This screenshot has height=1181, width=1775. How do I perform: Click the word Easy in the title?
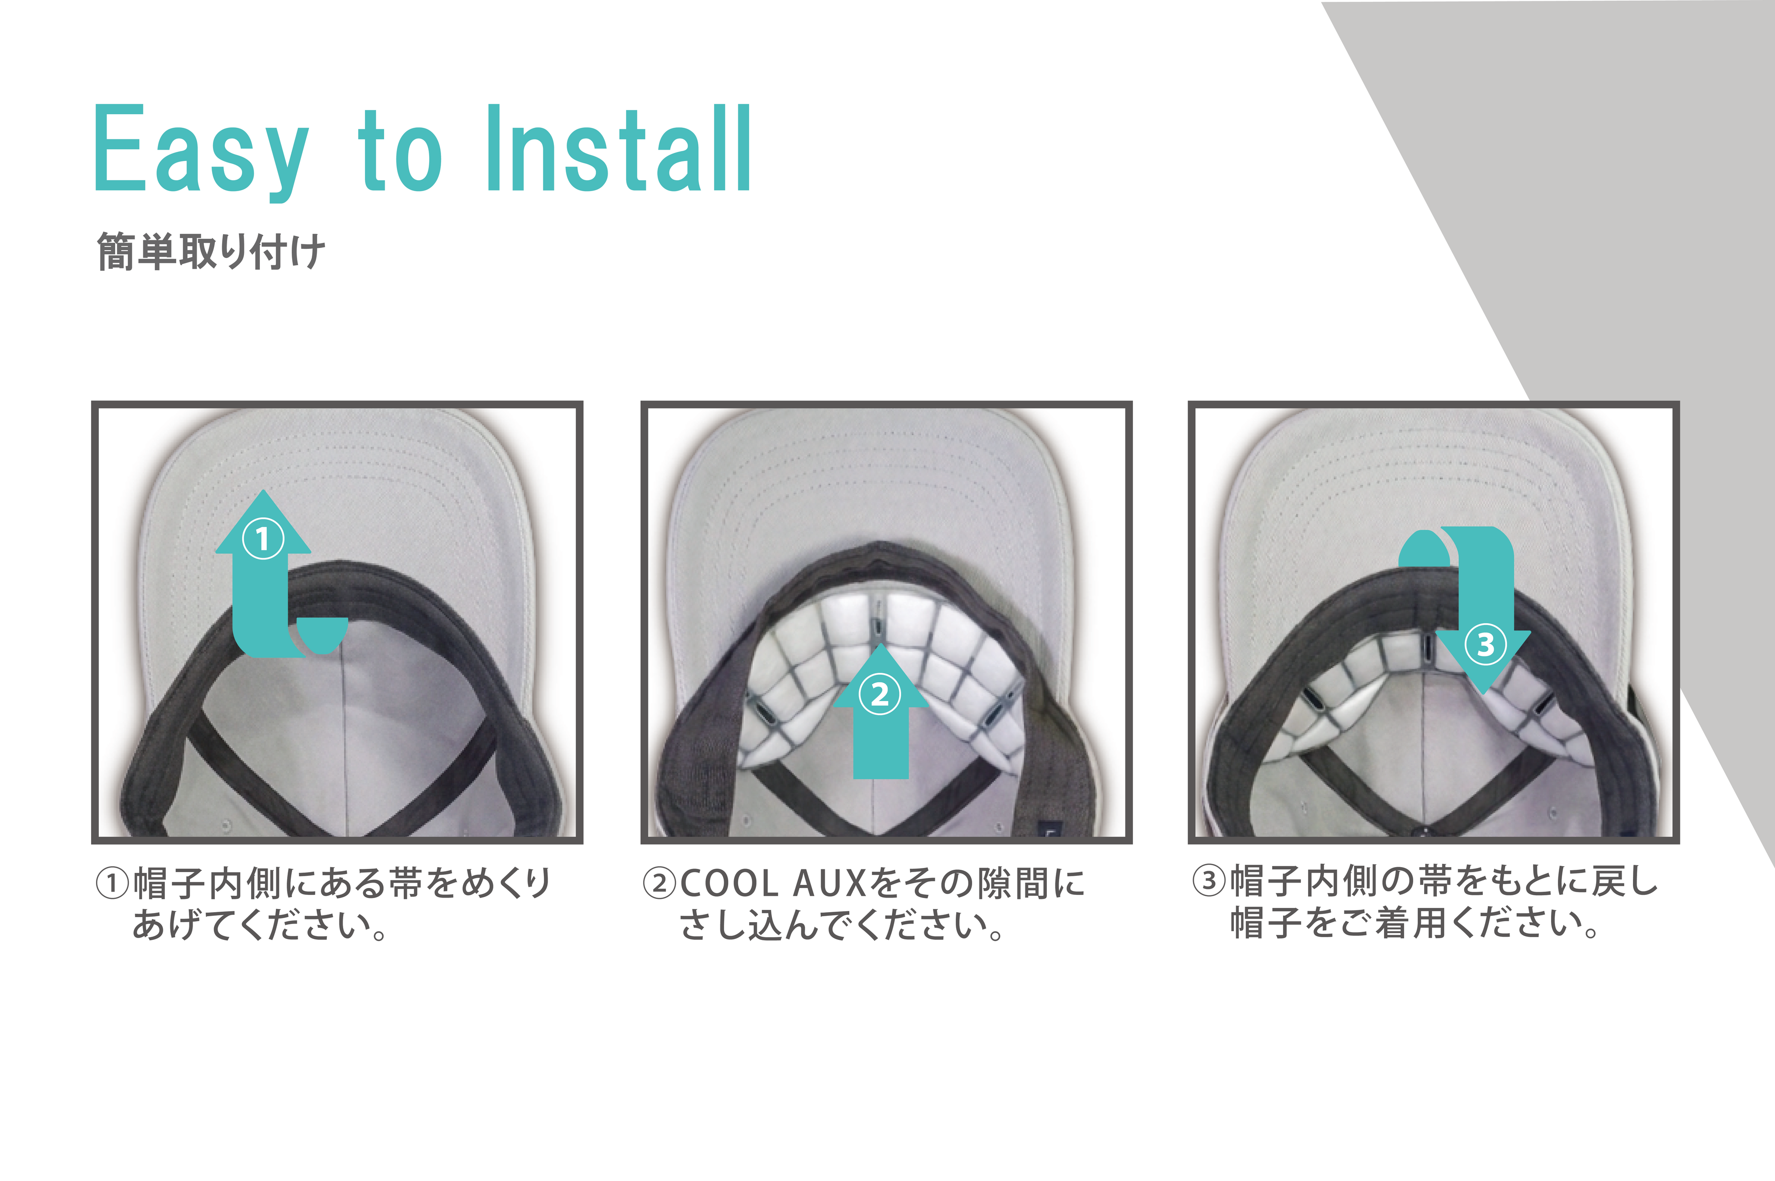[x=201, y=151]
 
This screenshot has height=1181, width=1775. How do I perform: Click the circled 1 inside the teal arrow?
[x=262, y=539]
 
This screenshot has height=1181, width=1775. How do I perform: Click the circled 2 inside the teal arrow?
[x=879, y=694]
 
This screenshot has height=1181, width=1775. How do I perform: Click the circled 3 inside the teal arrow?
[x=1485, y=644]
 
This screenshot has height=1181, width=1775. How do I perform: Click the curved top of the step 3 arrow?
[x=1456, y=545]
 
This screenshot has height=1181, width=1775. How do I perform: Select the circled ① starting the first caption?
[x=113, y=883]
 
